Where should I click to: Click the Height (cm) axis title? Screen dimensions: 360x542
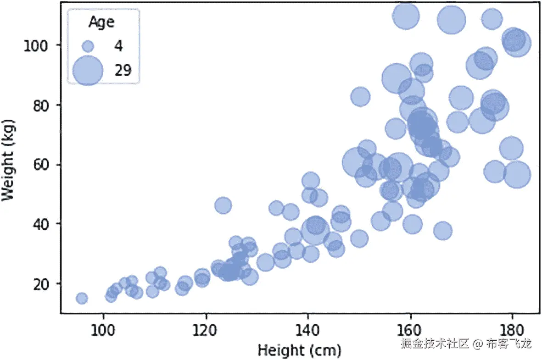click(x=299, y=351)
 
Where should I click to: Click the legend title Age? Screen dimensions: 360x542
click(x=101, y=22)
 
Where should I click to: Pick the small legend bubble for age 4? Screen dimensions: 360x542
click(x=88, y=46)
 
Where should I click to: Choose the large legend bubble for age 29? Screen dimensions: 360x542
click(x=88, y=70)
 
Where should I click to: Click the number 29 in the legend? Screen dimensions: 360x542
click(x=123, y=70)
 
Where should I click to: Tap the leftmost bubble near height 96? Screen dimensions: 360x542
click(x=82, y=299)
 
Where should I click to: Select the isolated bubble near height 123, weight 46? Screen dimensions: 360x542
click(x=223, y=205)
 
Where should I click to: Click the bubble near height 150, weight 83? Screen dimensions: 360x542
click(x=361, y=96)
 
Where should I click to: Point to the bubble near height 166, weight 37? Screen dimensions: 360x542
click(x=443, y=231)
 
